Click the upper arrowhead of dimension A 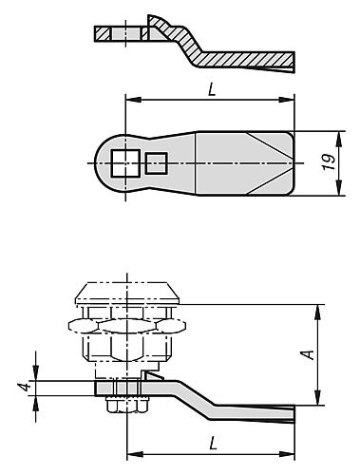point(317,307)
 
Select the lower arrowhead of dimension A point(317,402)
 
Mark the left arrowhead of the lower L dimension point(130,454)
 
